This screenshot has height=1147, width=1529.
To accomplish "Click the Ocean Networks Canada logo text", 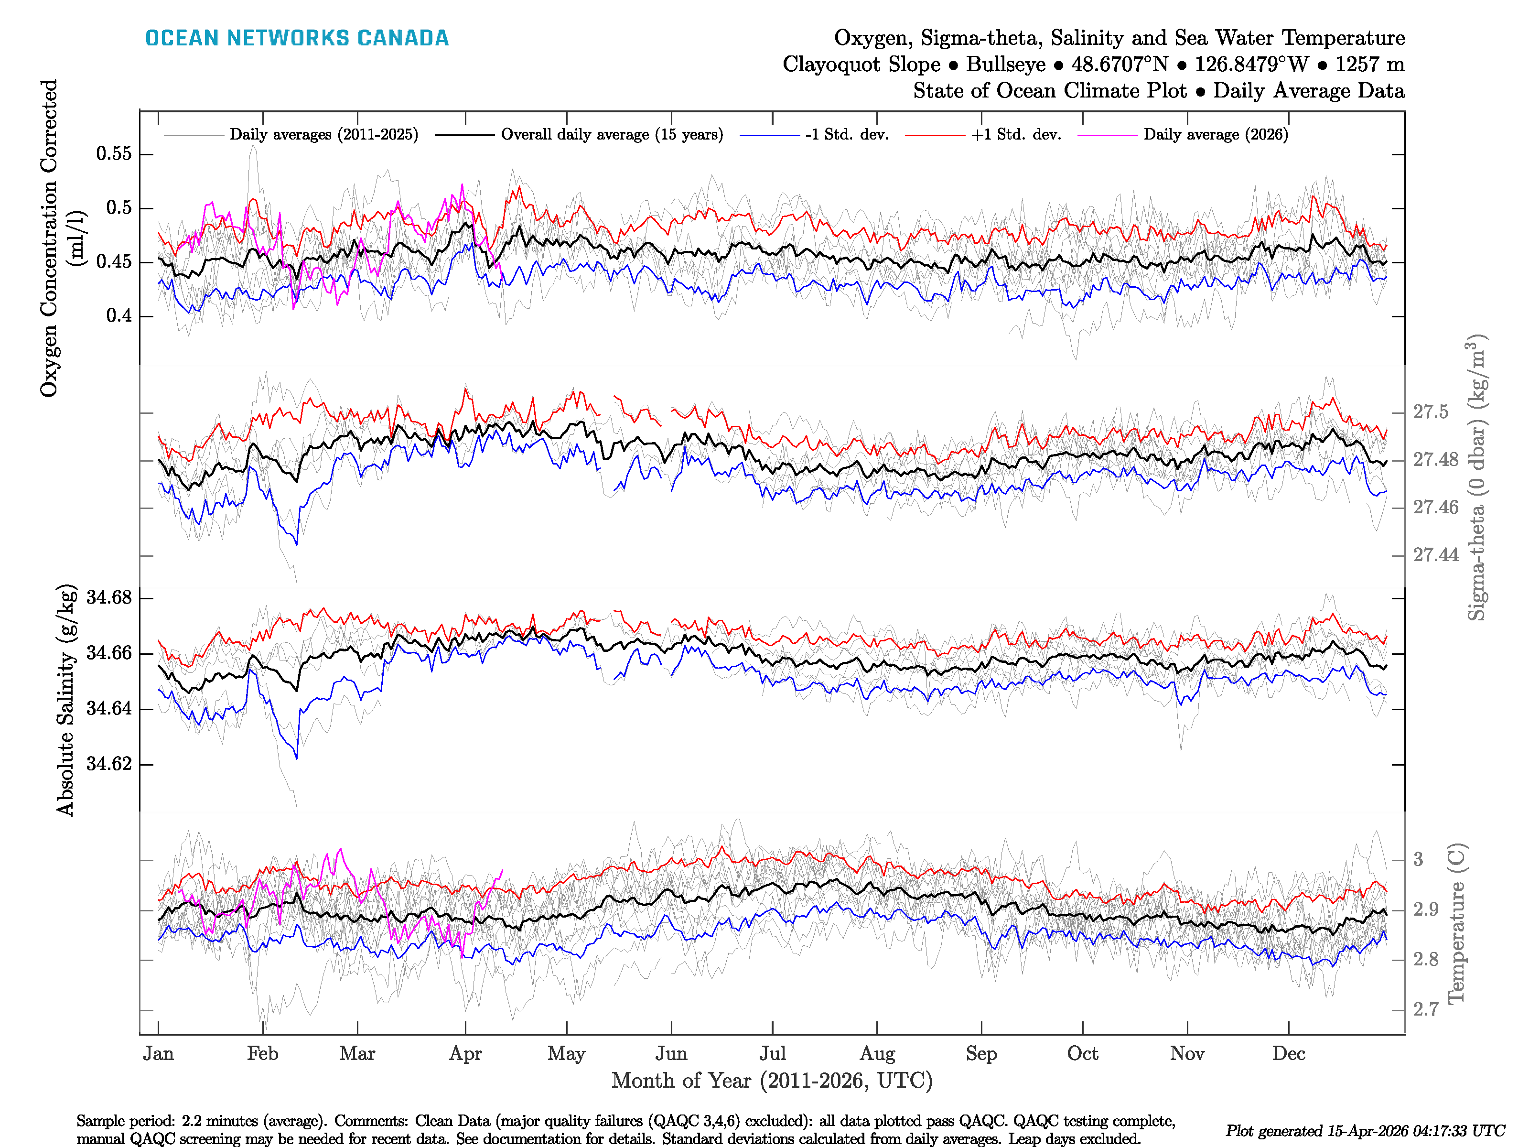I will coord(297,38).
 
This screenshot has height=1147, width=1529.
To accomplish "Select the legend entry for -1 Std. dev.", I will coord(846,135).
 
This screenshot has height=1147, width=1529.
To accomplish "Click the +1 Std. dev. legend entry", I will coord(1015,135).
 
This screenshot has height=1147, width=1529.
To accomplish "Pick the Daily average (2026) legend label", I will coord(1215,135).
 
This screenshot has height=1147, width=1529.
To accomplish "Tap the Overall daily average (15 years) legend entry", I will coord(611,135).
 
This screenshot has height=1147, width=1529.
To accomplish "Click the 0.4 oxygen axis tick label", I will coord(119,316).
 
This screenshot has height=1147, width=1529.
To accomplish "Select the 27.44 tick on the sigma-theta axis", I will coord(1435,555).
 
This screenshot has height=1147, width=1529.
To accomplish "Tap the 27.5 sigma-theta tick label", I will coord(1430,412).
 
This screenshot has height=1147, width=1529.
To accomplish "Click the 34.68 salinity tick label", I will coord(108,597).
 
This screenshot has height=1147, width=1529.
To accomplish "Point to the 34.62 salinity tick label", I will coord(108,764).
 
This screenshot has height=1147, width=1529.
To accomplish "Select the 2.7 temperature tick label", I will coord(1425,1009).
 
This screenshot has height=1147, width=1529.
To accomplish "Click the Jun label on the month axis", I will coord(671,1054).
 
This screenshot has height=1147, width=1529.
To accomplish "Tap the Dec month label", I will coord(1289,1054).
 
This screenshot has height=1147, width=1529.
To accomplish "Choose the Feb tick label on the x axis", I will coord(263,1054).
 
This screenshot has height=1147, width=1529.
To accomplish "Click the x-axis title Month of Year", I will coord(771,1081).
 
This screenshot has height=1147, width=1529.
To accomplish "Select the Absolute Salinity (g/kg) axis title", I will coord(65,700).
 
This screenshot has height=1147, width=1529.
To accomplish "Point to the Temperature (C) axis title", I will coord(1456,923).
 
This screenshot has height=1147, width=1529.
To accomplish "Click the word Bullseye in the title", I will coord(1006,65).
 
